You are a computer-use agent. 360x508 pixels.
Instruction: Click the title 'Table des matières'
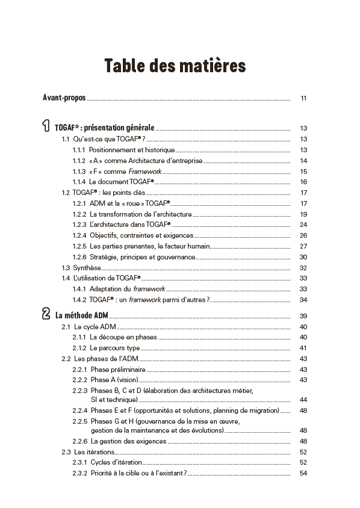pyautogui.click(x=175, y=65)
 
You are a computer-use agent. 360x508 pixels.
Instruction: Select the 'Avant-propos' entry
pyautogui.click(x=64, y=98)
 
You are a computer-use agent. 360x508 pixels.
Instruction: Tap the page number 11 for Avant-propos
pyautogui.click(x=303, y=98)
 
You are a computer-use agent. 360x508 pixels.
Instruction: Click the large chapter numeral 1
pyautogui.click(x=46, y=126)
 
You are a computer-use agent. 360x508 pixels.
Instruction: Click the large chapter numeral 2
pyautogui.click(x=46, y=314)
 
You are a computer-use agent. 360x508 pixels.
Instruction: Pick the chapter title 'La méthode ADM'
pyautogui.click(x=82, y=315)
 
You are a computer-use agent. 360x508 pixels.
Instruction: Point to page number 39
pyautogui.click(x=303, y=316)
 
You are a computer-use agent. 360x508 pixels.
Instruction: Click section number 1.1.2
pyautogui.click(x=79, y=161)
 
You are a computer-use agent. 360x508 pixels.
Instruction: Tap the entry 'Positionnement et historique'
pyautogui.click(x=132, y=150)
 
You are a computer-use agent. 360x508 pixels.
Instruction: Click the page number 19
pyautogui.click(x=303, y=214)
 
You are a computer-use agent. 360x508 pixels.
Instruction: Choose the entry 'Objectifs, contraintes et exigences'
pyautogui.click(x=141, y=235)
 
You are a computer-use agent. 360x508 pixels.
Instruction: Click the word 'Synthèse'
pyautogui.click(x=87, y=268)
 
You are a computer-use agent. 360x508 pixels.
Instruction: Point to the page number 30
pyautogui.click(x=303, y=257)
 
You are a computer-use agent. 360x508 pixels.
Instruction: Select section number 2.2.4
pyautogui.click(x=80, y=410)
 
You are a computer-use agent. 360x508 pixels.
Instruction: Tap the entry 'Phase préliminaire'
pyautogui.click(x=118, y=370)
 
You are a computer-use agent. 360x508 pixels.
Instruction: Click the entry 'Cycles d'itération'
pyautogui.click(x=116, y=462)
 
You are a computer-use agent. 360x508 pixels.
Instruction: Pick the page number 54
pyautogui.click(x=303, y=473)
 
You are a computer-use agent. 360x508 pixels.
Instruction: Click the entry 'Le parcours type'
pyautogui.click(x=114, y=348)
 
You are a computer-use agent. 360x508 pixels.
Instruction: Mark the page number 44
pyautogui.click(x=303, y=400)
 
